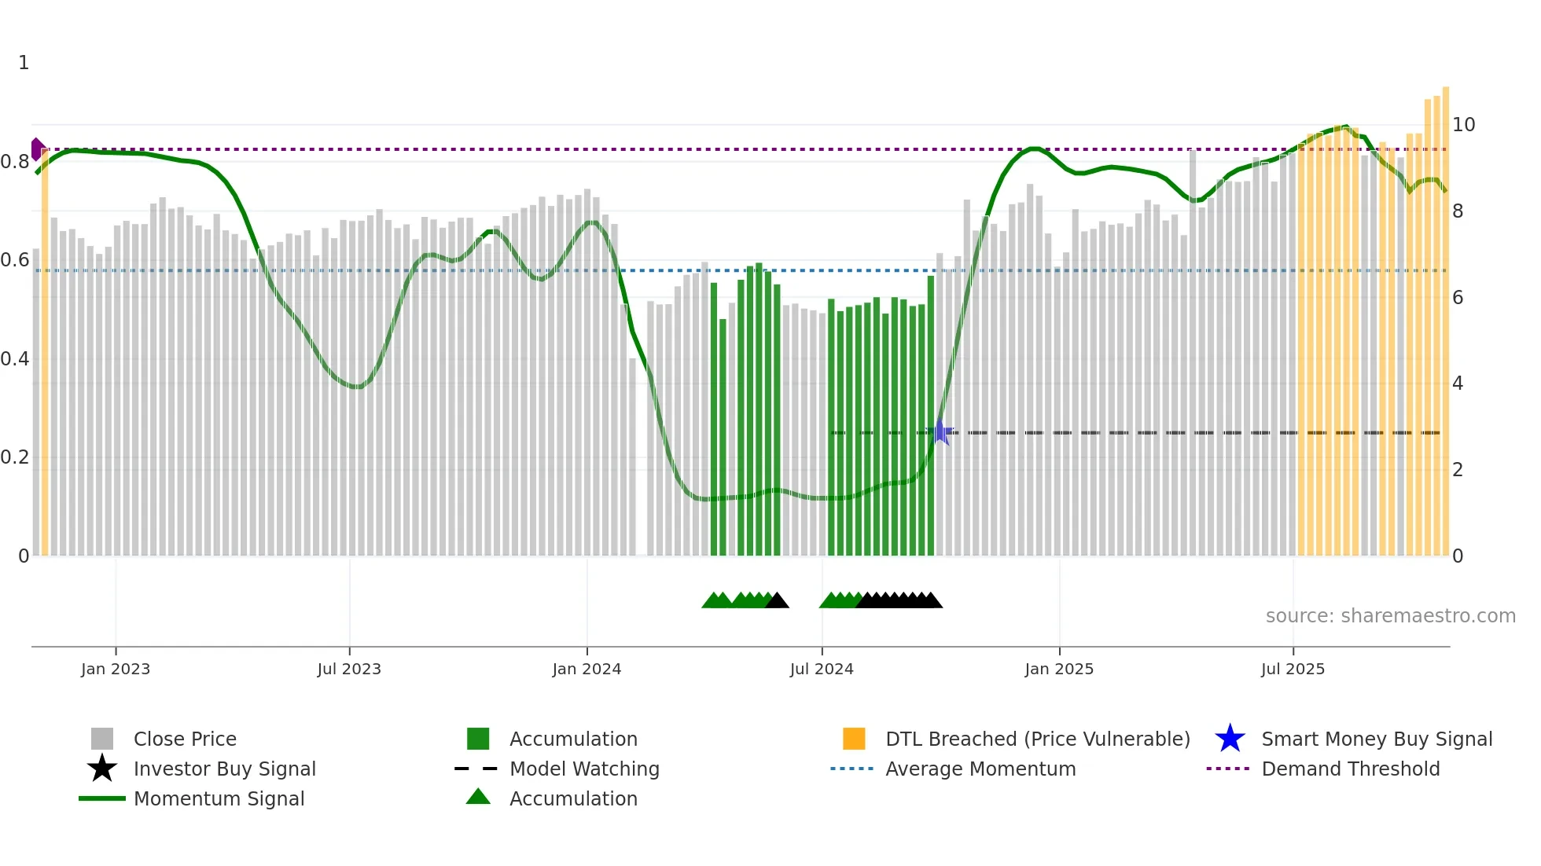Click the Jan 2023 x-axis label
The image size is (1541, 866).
click(116, 669)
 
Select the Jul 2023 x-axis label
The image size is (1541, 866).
click(349, 669)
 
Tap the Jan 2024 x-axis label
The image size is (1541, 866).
click(587, 669)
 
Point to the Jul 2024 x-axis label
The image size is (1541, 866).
click(822, 669)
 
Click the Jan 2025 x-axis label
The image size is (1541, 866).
click(1059, 669)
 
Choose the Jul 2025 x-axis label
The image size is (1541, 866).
click(1293, 669)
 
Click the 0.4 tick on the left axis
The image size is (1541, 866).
click(15, 359)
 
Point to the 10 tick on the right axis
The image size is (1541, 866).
click(1463, 125)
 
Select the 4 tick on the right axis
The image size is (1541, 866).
click(1458, 383)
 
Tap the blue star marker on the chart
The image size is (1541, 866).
click(940, 431)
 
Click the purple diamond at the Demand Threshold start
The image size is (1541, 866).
click(37, 149)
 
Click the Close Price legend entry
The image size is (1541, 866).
click(185, 739)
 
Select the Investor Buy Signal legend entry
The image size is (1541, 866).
click(224, 769)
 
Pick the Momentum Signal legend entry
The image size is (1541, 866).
click(219, 798)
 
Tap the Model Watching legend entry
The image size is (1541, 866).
click(584, 769)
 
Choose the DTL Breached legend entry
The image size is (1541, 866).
click(1037, 739)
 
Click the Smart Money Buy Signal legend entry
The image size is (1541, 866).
click(1376, 739)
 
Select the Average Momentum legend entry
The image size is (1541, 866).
click(980, 769)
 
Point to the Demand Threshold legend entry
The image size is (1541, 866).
click(1350, 769)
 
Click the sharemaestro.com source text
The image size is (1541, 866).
click(1390, 616)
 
